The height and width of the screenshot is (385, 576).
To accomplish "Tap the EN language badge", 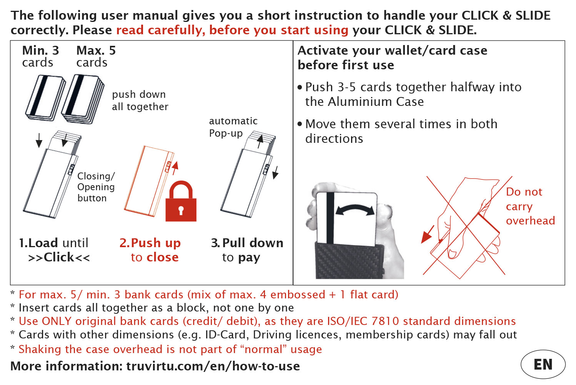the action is click(x=543, y=364).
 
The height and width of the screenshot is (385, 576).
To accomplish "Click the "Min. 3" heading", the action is click(x=41, y=50).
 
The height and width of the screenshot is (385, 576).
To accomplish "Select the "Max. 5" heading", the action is click(x=96, y=50).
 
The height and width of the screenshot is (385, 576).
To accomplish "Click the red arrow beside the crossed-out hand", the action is click(x=428, y=234).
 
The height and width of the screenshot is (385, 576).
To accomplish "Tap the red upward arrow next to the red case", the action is click(x=175, y=168).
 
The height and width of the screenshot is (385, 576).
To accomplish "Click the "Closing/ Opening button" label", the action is click(x=96, y=187).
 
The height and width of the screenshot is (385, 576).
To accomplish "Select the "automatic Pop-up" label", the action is click(x=233, y=127).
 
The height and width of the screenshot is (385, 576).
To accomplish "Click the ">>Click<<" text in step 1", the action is click(x=59, y=257).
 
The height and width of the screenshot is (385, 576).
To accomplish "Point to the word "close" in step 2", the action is click(x=162, y=257).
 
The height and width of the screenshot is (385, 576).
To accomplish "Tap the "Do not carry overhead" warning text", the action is click(x=531, y=206).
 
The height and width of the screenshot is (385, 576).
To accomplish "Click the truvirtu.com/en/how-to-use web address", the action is click(x=213, y=366).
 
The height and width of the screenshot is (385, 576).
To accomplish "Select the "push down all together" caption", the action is click(x=140, y=100).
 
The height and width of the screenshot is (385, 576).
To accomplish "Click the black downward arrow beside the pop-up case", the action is click(x=275, y=172).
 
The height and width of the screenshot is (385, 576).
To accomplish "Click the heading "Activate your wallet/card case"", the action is click(x=393, y=51).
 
